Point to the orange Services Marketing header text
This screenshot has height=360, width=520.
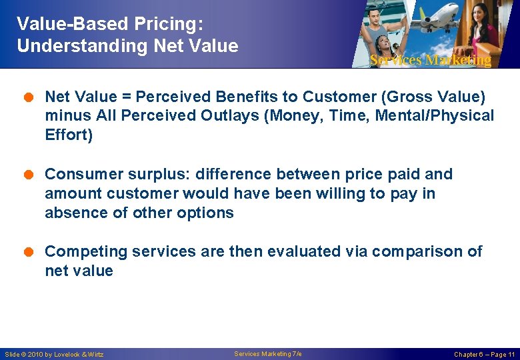pyautogui.click(x=430, y=60)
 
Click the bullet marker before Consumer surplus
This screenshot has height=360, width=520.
pyautogui.click(x=33, y=175)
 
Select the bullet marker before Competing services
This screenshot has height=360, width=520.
pyautogui.click(x=33, y=252)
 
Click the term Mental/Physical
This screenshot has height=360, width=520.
pyautogui.click(x=435, y=116)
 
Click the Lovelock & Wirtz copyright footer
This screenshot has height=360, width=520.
pyautogui.click(x=54, y=355)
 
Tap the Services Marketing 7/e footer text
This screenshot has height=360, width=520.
pyautogui.click(x=267, y=354)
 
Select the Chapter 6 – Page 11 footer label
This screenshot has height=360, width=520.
pyautogui.click(x=484, y=355)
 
